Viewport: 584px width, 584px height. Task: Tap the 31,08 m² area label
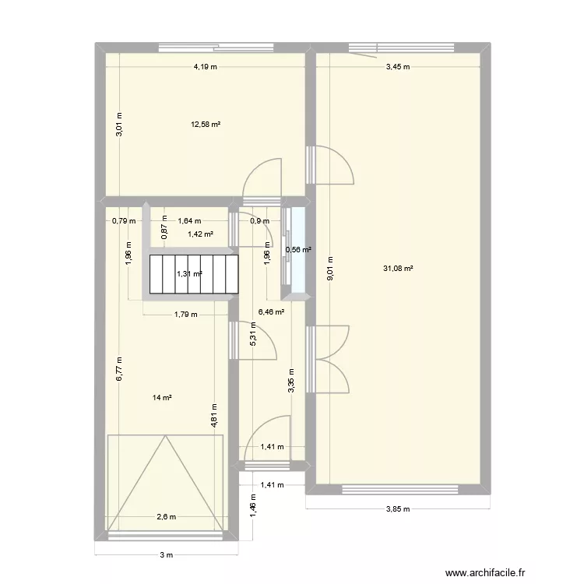(x=399, y=269)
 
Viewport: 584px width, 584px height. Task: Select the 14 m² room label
(x=162, y=397)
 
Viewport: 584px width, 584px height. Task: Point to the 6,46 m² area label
(x=271, y=311)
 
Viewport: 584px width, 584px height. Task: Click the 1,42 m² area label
(x=201, y=233)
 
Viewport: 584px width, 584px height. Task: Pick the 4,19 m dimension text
(x=206, y=67)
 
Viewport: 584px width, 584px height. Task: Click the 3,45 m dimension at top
(x=397, y=67)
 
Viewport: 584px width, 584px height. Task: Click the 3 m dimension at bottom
(x=166, y=554)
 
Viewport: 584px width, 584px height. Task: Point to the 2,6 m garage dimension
(x=166, y=517)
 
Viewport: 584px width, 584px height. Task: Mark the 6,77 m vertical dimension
(x=119, y=368)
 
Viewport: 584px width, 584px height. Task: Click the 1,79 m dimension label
(x=185, y=315)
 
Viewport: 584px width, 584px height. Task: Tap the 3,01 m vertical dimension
(x=119, y=125)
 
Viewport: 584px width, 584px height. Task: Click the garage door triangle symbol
(x=165, y=483)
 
